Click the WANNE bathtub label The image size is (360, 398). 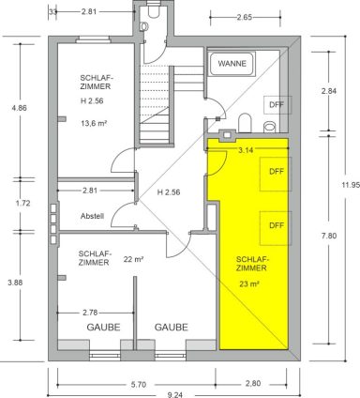point(232,64)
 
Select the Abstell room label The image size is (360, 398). point(92,216)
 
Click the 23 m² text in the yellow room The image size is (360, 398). point(249,284)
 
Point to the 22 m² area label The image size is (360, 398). point(133,259)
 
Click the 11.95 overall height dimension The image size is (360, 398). point(351,185)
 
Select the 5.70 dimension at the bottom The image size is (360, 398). point(137,384)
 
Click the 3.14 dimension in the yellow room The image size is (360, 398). point(246,150)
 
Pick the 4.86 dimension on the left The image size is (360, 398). point(19,108)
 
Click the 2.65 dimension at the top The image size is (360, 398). point(245,18)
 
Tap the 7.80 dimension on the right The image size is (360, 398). point(329,236)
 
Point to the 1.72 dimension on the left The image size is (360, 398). point(22,203)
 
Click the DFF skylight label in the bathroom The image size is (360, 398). point(277,104)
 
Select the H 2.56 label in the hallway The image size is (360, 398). point(169,191)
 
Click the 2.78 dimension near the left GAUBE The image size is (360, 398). point(90,313)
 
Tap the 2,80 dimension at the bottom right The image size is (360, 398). point(253,383)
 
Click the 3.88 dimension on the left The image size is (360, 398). point(15,283)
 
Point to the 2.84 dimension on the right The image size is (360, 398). point(329,91)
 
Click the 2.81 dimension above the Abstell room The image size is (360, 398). point(90,191)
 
